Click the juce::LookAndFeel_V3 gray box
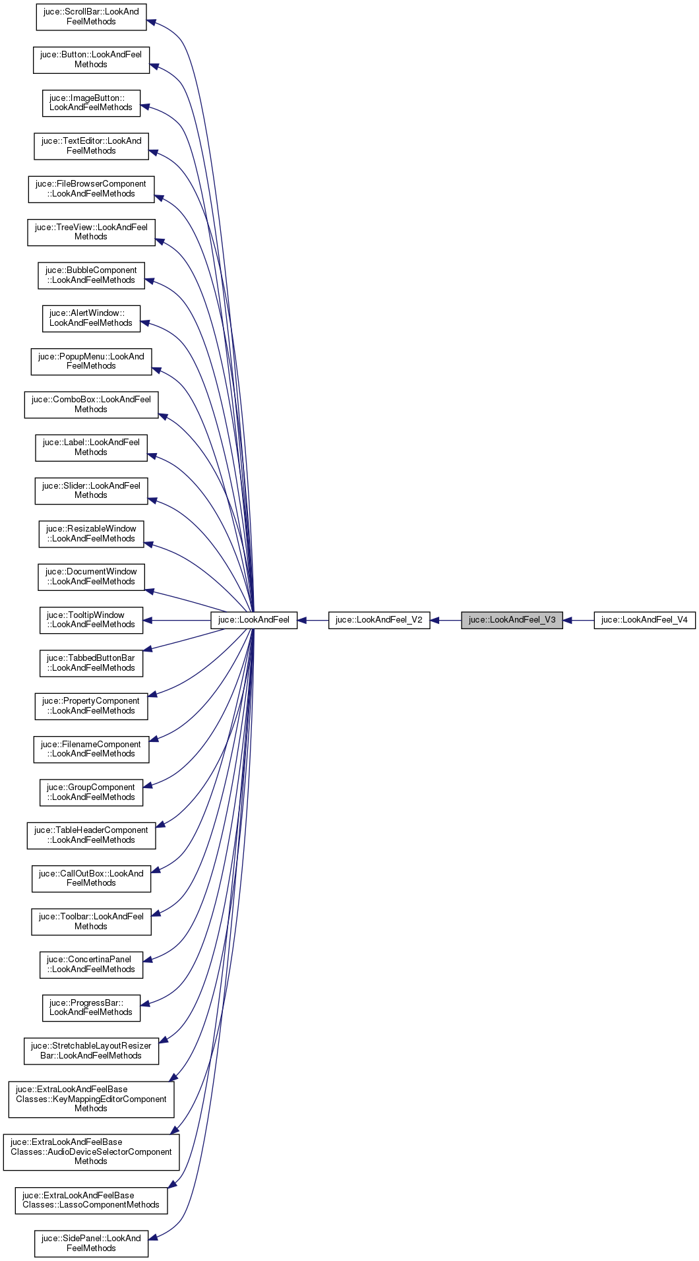(x=512, y=620)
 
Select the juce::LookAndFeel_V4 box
(x=644, y=620)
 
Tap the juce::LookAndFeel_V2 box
(x=379, y=620)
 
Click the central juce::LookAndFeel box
(x=254, y=620)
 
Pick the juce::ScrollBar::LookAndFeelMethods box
(x=91, y=17)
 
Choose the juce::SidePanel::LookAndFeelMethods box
(x=91, y=1243)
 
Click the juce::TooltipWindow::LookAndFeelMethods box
(x=91, y=620)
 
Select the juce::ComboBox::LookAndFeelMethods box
(x=91, y=404)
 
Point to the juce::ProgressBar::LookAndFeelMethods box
(x=91, y=1008)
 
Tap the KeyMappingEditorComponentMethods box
(x=91, y=1099)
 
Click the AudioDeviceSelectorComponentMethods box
(x=91, y=1152)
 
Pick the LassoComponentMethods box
(x=91, y=1200)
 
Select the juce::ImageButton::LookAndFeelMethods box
(x=91, y=103)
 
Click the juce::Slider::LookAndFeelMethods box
(x=91, y=491)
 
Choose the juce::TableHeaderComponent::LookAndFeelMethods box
(x=91, y=835)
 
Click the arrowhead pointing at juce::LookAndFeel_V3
(x=568, y=620)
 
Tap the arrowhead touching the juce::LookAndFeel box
(x=303, y=620)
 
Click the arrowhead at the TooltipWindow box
(x=148, y=620)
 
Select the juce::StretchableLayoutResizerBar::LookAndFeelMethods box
(x=91, y=1051)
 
